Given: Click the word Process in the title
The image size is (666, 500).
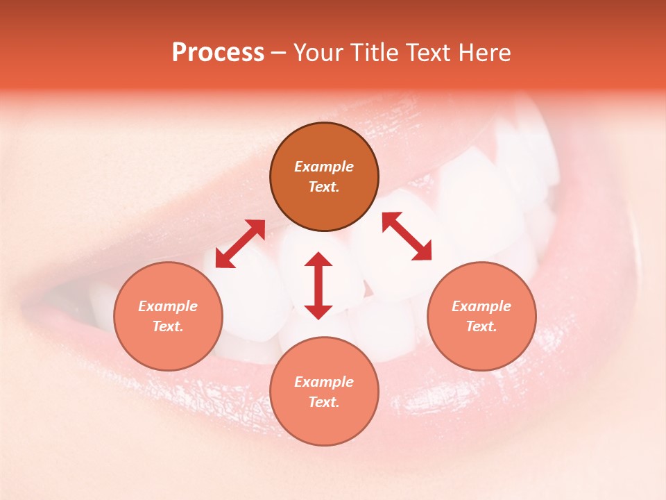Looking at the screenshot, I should [x=218, y=53].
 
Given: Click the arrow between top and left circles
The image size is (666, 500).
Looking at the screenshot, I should [x=240, y=244].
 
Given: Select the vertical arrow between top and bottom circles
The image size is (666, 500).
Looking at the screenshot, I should [x=318, y=285].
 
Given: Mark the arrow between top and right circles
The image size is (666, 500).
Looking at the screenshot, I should [x=407, y=236].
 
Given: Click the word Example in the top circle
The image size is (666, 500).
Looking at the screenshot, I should [x=324, y=167].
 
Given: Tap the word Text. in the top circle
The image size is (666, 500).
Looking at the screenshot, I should [x=324, y=187].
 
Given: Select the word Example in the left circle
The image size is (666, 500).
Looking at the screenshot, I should [x=168, y=306].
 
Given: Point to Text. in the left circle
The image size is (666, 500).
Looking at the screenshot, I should [x=168, y=326].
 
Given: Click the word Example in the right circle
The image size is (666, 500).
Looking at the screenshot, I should [x=481, y=306].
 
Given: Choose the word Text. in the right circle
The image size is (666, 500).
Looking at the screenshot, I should [x=481, y=326].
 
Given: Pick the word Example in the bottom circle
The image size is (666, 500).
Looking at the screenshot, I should [x=324, y=382].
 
